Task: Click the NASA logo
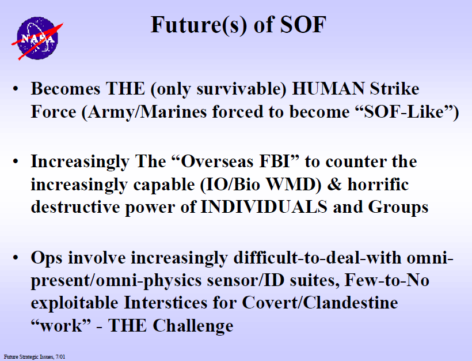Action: pyautogui.click(x=37, y=38)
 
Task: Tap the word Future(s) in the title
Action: pyautogui.click(x=199, y=25)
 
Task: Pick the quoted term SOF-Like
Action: pyautogui.click(x=404, y=112)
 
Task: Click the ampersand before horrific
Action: pyautogui.click(x=334, y=185)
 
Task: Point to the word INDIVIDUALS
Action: pyautogui.click(x=264, y=207)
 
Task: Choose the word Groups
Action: pyautogui.click(x=398, y=208)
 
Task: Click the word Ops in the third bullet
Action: pyautogui.click(x=47, y=258)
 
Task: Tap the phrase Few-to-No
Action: pyautogui.click(x=387, y=280)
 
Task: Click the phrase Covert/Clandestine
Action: pyautogui.click(x=320, y=303)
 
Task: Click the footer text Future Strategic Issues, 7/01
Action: pyautogui.click(x=35, y=357)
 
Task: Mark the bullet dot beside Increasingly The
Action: pyautogui.click(x=16, y=161)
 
